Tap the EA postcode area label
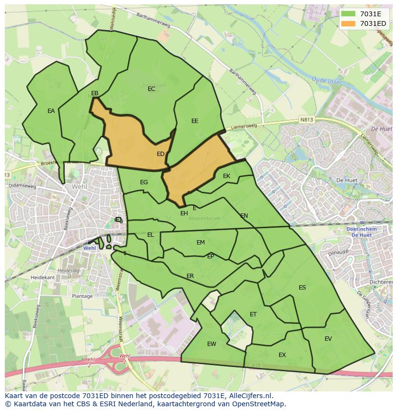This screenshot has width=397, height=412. pyautogui.click(x=51, y=111)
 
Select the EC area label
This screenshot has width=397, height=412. pyautogui.click(x=152, y=89)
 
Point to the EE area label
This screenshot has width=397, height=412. pyautogui.click(x=195, y=121)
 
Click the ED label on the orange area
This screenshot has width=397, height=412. pyautogui.click(x=161, y=154)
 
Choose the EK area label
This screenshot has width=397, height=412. pyautogui.click(x=227, y=176)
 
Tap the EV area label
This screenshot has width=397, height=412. pyautogui.click(x=328, y=339)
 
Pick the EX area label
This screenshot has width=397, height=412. pyautogui.click(x=282, y=355)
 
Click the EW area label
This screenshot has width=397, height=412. pyautogui.click(x=211, y=344)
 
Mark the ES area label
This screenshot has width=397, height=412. pyautogui.click(x=302, y=288)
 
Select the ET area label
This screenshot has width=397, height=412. pyautogui.click(x=253, y=314)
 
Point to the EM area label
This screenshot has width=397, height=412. pyautogui.click(x=200, y=243)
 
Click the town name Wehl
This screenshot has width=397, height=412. pyautogui.click(x=79, y=187)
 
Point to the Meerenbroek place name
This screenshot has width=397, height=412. pyautogui.click(x=204, y=218)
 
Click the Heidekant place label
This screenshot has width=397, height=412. pyautogui.click(x=42, y=278)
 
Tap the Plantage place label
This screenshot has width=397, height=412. pyautogui.click(x=82, y=296)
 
